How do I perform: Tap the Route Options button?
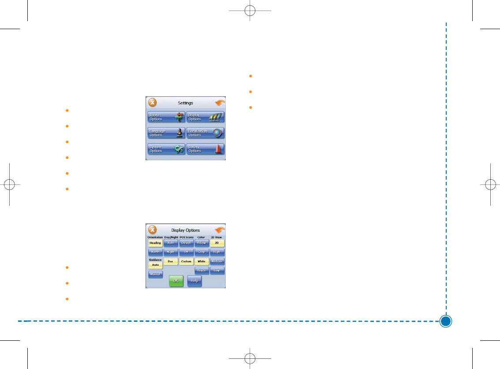tap(166, 117)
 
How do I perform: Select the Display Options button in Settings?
tap(205, 117)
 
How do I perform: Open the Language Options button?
tap(166, 133)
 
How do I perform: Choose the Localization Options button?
tap(205, 133)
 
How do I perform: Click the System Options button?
tap(166, 149)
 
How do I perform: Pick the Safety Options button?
tap(205, 149)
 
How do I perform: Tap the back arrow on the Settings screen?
tap(220, 103)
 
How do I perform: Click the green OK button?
tap(176, 281)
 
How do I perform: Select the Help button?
tap(194, 281)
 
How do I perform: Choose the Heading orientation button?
tap(155, 243)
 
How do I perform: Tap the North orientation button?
tap(155, 252)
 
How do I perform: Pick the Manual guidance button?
tap(155, 274)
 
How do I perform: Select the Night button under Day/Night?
tap(171, 252)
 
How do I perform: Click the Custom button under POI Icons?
tap(187, 261)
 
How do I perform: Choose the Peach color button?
tap(201, 271)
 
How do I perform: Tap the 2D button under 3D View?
tap(217, 243)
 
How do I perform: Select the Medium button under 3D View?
tap(217, 261)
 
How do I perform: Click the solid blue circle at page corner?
tap(446, 321)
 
